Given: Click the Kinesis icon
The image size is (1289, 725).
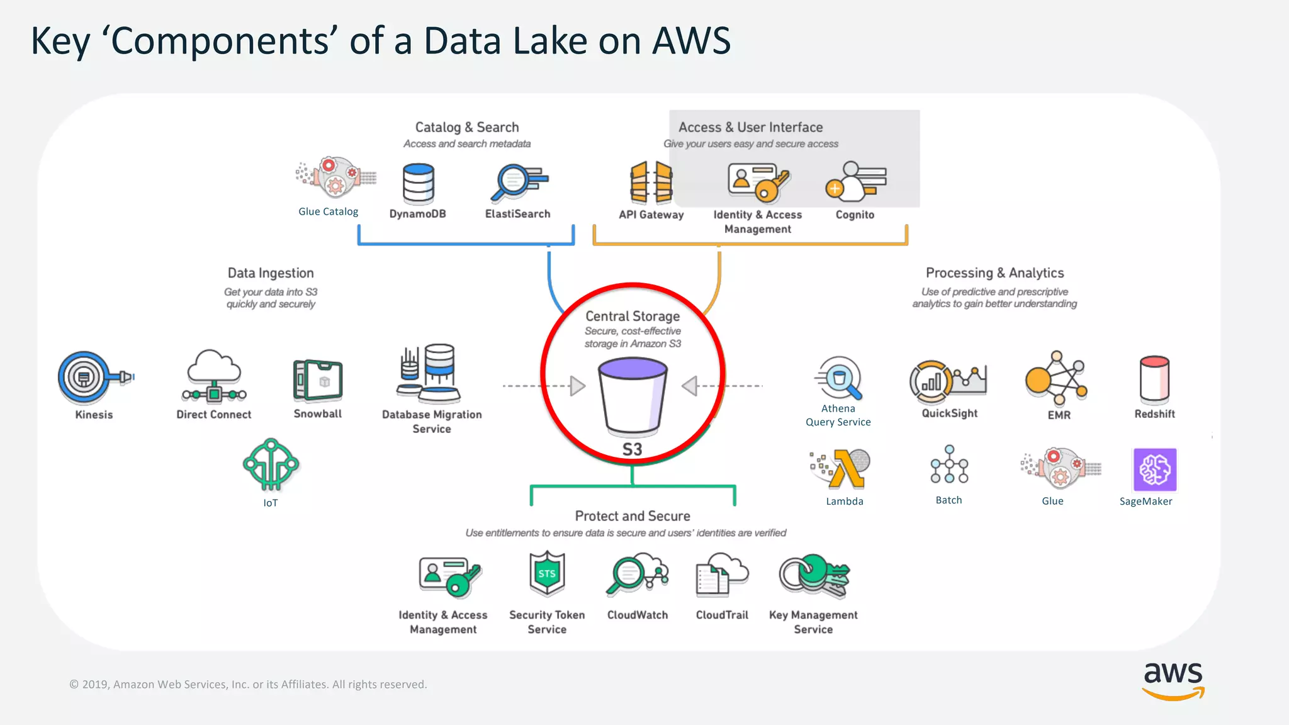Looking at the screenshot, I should coord(85,378).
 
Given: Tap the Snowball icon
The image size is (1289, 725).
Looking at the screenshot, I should coord(318,380).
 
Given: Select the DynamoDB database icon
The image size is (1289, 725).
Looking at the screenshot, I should coord(419,183).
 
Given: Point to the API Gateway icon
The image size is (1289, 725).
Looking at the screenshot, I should coord(651,183).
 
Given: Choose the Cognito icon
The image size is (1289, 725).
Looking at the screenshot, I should coord(855,181).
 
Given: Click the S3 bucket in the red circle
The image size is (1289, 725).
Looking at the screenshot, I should coord(633,395).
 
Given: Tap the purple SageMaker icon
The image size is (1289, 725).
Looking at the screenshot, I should coord(1154,469).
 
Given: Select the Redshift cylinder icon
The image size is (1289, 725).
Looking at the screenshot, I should coord(1154,379).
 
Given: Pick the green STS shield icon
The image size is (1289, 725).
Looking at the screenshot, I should coord(547,573).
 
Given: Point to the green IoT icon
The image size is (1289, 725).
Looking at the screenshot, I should coord(271,464).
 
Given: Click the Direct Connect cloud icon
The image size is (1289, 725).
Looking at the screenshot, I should coord(214,376).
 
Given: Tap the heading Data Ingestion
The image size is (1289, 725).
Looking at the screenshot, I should coord(271,273).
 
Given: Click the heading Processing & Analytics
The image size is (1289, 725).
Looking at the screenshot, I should coord(994,273).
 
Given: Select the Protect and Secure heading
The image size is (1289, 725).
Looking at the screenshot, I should coord(633,516).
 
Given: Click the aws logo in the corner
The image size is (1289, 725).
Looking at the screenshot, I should coord(1173,680).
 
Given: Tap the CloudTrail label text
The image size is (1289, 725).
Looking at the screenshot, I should coord(722,615).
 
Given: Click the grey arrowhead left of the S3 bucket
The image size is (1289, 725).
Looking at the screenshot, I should coord(577,386).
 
